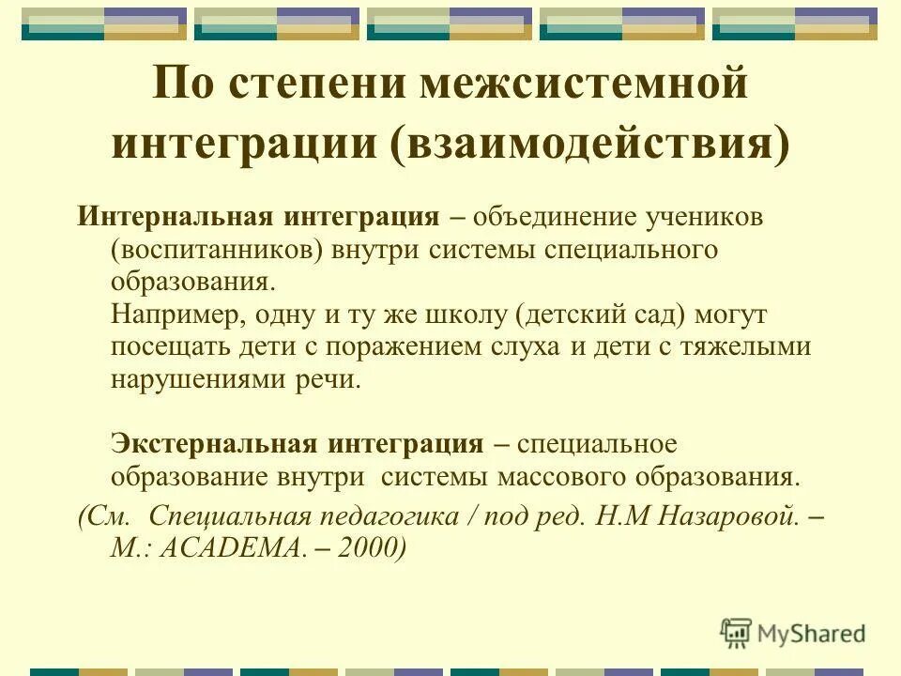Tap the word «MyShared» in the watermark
point(814,634)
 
